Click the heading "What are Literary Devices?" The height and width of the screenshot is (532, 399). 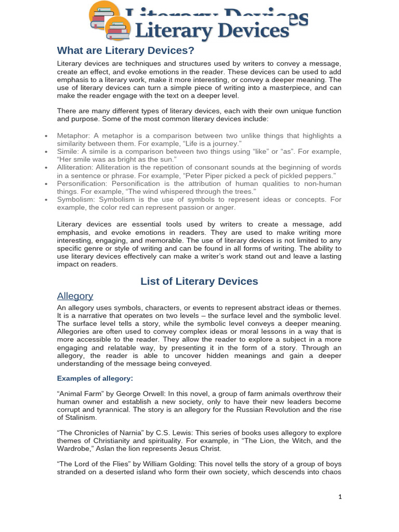point(125,50)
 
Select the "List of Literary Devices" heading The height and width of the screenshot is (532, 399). point(199,281)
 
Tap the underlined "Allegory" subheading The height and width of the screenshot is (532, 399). point(75,296)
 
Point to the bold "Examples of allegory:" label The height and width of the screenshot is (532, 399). point(95,378)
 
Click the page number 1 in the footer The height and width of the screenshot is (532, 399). point(340,497)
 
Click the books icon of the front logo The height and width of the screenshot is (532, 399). point(117,29)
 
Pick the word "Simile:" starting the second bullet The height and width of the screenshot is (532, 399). point(68,151)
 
